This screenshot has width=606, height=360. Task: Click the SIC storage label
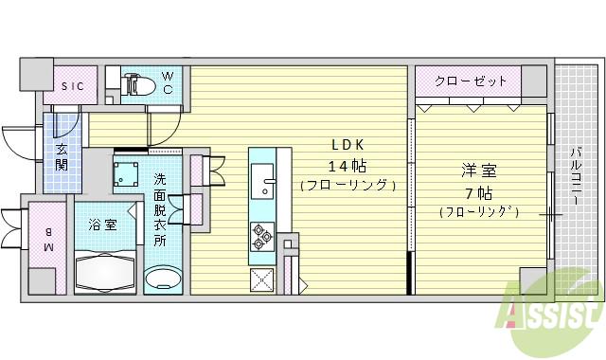73,86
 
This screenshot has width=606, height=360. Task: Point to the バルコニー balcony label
576,180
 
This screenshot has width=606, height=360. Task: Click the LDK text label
348,145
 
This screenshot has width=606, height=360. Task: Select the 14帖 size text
347,165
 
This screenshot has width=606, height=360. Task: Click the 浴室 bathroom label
102,226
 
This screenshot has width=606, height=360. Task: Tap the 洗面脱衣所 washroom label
160,207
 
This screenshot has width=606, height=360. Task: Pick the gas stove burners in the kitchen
260,234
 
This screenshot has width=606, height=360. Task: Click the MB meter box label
46,240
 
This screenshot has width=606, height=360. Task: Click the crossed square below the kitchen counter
261,279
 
